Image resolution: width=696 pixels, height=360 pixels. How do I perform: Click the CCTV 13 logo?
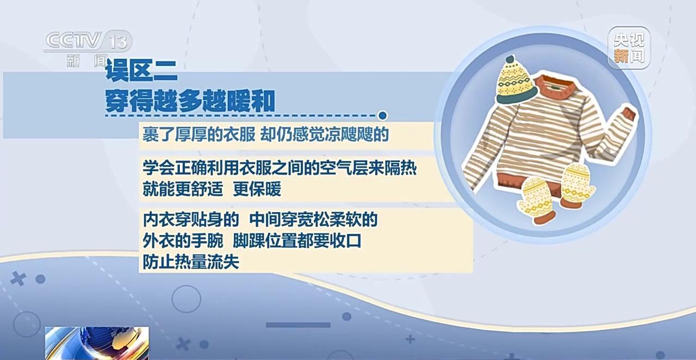(87, 42)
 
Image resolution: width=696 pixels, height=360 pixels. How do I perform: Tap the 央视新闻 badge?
(629, 48)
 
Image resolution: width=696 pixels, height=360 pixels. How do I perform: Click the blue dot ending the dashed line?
(382, 115)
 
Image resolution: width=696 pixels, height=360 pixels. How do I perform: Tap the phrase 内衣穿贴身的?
(190, 220)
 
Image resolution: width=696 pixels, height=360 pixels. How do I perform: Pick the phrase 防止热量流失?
(190, 262)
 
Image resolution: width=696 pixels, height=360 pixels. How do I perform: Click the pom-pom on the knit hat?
(510, 59)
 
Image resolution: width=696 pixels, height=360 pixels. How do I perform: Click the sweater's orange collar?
(555, 86)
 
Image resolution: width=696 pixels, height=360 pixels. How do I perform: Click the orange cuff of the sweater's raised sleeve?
(629, 115)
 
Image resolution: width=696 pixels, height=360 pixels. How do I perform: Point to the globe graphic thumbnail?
(96, 343)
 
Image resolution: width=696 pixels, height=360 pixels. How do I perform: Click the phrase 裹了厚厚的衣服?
(198, 135)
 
